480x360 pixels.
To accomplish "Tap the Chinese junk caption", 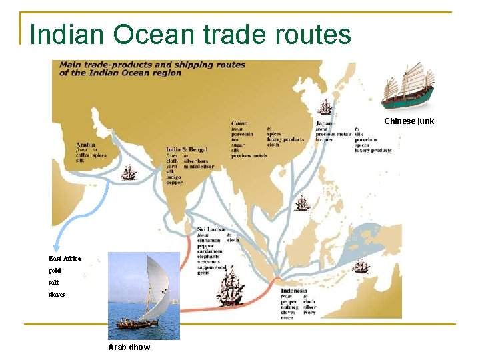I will coord(409,121).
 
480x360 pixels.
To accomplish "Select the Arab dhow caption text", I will coord(129,347).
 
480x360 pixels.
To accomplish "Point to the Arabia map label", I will coord(85,144).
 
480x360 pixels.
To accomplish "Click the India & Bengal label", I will coord(187,149).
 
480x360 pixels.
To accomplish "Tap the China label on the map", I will coord(239,123).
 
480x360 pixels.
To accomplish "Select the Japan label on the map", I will coord(324,123).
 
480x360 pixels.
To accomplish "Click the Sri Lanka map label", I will coord(210,229).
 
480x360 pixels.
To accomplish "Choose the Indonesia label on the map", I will coord(294,291).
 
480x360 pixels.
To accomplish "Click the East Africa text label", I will coord(65,259).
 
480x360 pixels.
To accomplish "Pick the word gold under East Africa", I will coord(55,271).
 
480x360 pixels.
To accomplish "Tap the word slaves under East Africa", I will coord(57,294).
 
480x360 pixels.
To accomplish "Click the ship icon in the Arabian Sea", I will coord(129,173).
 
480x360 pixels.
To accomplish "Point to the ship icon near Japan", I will coord(325,106).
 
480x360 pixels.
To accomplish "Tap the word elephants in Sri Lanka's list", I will coord(209,256).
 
